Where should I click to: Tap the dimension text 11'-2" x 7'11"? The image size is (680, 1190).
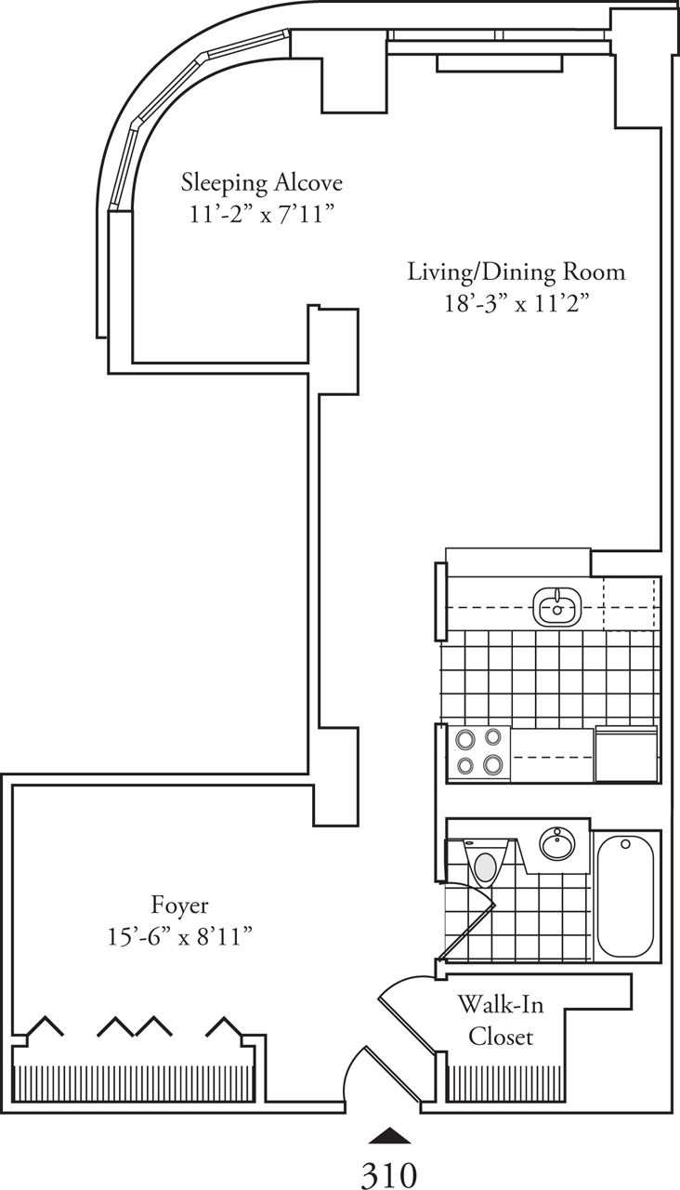point(261,214)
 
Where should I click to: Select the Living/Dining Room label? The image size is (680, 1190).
point(517,272)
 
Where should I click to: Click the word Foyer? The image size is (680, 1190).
point(180,905)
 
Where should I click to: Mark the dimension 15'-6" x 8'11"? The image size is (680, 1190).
point(180,937)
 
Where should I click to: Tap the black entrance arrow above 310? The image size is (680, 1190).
point(389,1135)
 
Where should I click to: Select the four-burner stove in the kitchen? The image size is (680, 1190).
point(478,753)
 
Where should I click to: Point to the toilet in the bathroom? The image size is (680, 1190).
point(484,866)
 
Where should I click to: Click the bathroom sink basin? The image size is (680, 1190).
point(557,845)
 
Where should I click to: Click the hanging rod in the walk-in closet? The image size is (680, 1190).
point(502,1082)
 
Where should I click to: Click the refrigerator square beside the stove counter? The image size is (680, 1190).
point(627,754)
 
